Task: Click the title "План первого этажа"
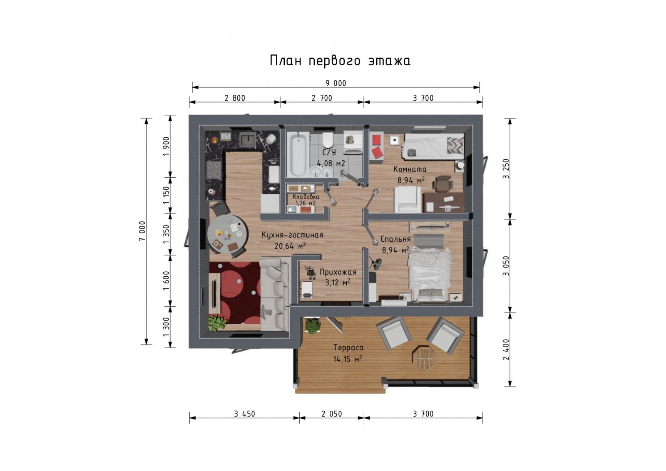point(340,61)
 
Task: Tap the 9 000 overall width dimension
point(335,84)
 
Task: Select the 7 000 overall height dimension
point(142,231)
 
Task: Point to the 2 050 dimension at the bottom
point(331,414)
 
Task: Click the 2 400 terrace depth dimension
point(506,350)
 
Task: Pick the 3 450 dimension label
point(244,414)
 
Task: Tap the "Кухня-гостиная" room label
point(292,235)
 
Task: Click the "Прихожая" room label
point(338,272)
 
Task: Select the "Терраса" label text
point(348,348)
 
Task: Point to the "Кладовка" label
point(306,197)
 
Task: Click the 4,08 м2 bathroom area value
point(331,164)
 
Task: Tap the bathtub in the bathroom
point(298,155)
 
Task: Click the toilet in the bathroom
point(328,140)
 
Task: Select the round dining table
point(227,233)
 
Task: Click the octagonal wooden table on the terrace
point(424,357)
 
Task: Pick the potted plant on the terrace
point(312,326)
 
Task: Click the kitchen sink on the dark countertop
point(247,140)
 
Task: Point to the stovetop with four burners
point(214,169)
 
